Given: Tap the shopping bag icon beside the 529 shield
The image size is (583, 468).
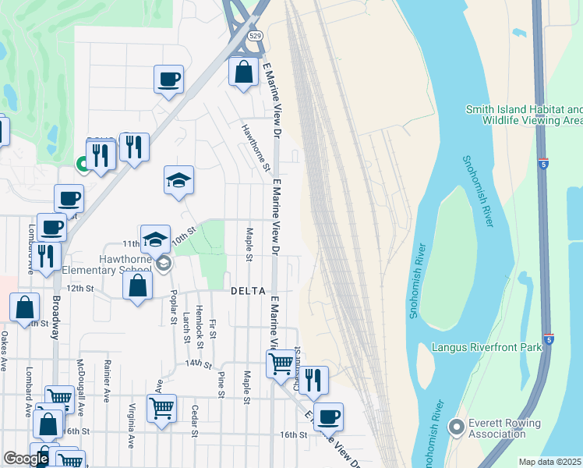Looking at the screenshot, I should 244,73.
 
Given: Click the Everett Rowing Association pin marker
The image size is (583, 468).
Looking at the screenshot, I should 457,427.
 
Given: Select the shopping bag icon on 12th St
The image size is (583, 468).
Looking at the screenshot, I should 137,285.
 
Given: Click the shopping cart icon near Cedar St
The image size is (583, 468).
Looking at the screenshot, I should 161,408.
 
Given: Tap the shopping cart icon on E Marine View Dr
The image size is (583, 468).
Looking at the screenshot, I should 281,363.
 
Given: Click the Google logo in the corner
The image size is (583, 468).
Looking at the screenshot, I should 26,459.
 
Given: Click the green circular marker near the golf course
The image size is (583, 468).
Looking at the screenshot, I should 81,164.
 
